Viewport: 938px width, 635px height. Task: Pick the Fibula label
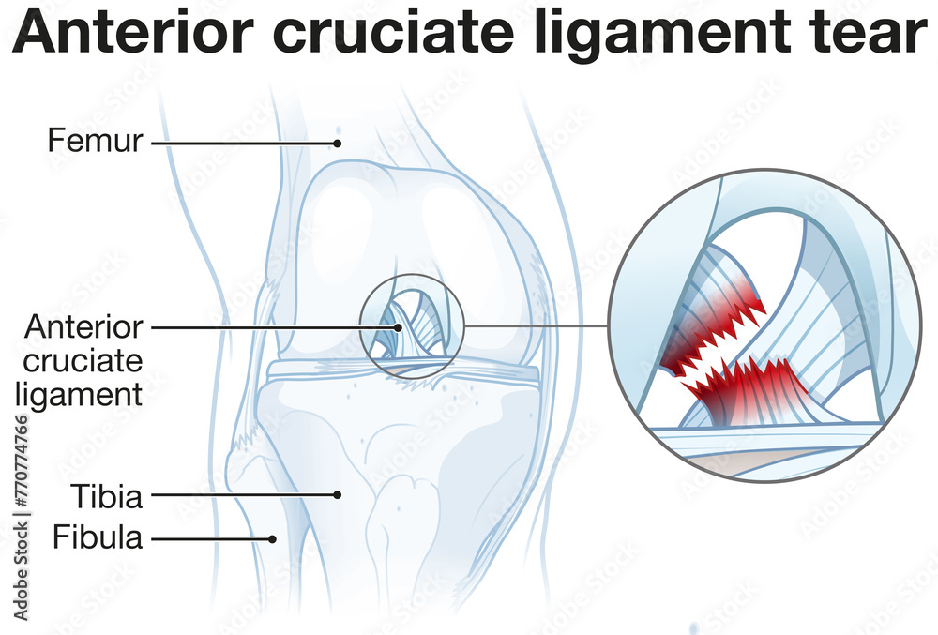(x=97, y=538)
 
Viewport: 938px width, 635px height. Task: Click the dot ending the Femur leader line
(x=336, y=144)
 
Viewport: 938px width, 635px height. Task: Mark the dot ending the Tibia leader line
(x=339, y=494)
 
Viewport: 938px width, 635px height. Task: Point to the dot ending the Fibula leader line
(x=273, y=538)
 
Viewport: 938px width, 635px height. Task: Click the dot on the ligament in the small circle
(x=399, y=328)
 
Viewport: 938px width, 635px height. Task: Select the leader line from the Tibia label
(x=244, y=494)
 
